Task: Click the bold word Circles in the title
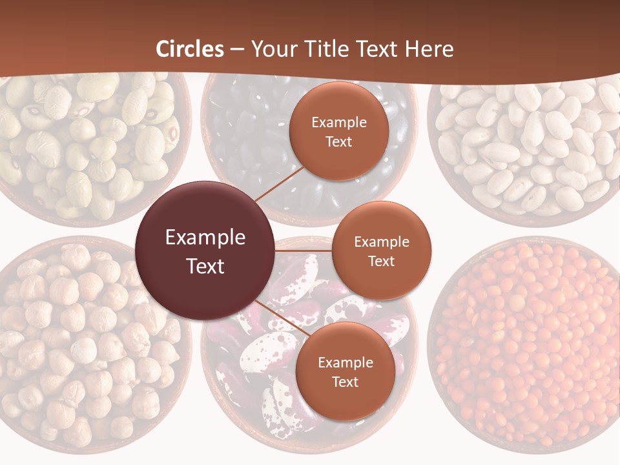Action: click(190, 49)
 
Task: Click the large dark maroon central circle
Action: click(205, 251)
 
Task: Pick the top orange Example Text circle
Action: click(339, 131)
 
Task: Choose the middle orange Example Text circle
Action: click(382, 251)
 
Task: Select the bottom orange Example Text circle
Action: click(346, 371)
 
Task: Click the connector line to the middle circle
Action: click(304, 250)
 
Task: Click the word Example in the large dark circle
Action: click(205, 238)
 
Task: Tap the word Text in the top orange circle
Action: click(339, 141)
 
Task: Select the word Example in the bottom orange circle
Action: click(346, 362)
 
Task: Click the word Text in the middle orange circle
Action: click(382, 261)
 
